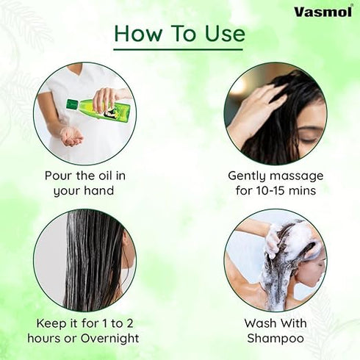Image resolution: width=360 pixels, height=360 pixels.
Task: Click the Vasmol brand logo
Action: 324,12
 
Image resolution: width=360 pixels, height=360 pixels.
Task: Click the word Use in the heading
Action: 225,34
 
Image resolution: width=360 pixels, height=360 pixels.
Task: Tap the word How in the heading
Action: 137,34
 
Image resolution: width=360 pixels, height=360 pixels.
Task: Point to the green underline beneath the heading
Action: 179,50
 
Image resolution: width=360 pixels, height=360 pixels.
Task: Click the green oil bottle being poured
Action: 101,109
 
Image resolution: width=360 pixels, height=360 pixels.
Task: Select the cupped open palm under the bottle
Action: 72,137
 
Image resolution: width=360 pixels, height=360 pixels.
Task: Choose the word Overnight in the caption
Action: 110,339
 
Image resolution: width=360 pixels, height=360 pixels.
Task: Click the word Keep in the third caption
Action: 51,323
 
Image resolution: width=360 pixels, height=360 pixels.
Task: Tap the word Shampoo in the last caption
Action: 276,339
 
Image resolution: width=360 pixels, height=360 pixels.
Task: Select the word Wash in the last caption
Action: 259,323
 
